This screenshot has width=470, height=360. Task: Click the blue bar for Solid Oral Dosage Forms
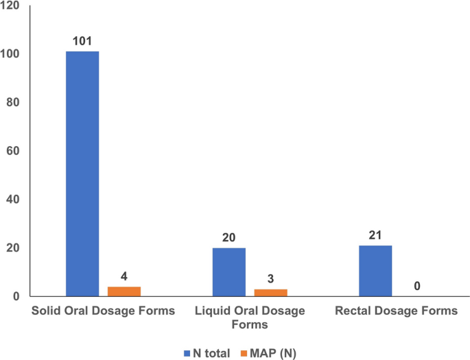(x=82, y=173)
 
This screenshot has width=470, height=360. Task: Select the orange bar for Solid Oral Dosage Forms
(x=124, y=291)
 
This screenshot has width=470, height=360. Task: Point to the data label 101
(x=82, y=40)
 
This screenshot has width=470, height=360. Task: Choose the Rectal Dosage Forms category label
(x=396, y=311)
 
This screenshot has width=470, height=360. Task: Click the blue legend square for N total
(x=187, y=352)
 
